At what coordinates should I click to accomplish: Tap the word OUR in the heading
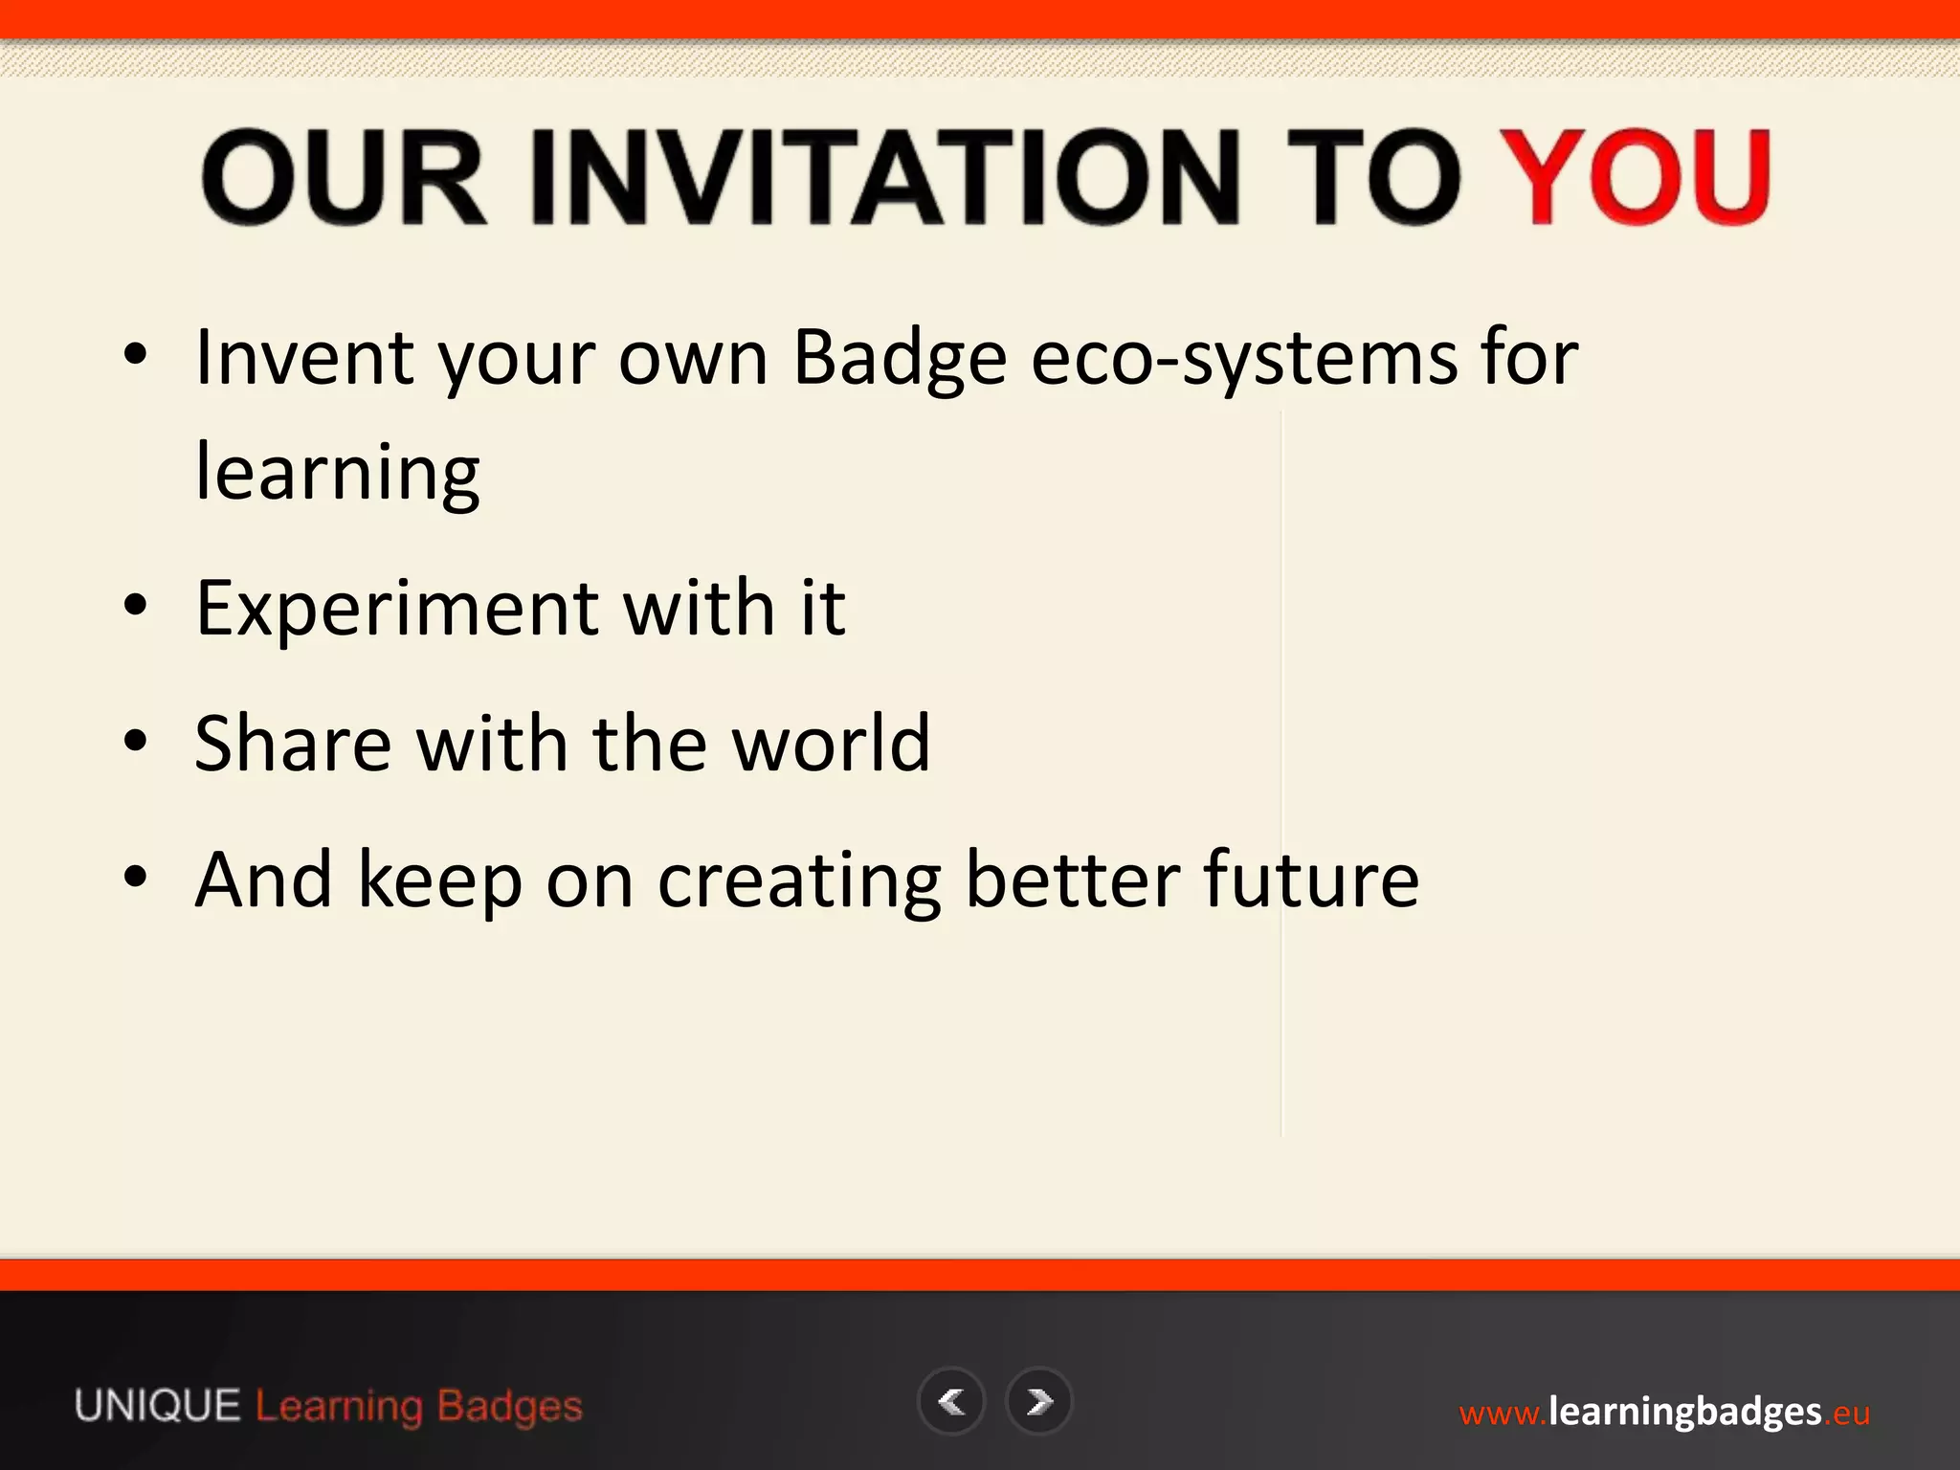[345, 178]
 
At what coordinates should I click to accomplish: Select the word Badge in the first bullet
[900, 359]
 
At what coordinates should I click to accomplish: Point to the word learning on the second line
[337, 473]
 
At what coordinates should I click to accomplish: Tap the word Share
[293, 744]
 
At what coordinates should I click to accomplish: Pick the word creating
[799, 881]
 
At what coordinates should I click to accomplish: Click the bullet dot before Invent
[136, 355]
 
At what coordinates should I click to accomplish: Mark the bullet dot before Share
[136, 741]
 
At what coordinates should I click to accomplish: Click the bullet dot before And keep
[136, 877]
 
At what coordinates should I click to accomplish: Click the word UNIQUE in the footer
[158, 1407]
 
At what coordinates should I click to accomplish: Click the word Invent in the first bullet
[304, 359]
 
